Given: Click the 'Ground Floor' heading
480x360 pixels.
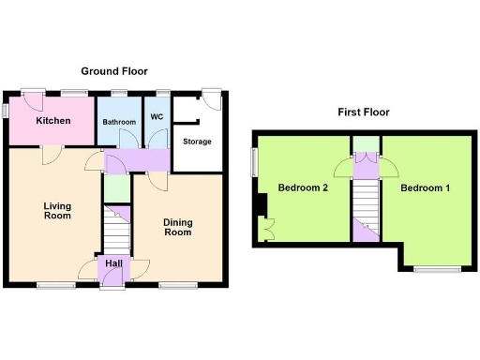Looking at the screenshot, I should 113,71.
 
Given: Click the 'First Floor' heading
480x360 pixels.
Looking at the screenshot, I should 364,112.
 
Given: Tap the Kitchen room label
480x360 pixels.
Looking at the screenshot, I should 53,122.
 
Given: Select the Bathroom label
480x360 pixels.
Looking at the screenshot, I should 120,122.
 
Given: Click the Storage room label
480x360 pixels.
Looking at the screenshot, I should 197,142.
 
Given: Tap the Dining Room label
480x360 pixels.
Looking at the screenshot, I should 177,227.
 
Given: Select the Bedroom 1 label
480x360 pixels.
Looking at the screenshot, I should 426,188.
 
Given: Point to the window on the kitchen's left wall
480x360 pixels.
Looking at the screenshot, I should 4,111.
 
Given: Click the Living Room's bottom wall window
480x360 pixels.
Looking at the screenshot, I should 57,284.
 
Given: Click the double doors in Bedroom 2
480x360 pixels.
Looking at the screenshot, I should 266,227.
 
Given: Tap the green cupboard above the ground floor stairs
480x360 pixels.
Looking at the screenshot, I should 116,190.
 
